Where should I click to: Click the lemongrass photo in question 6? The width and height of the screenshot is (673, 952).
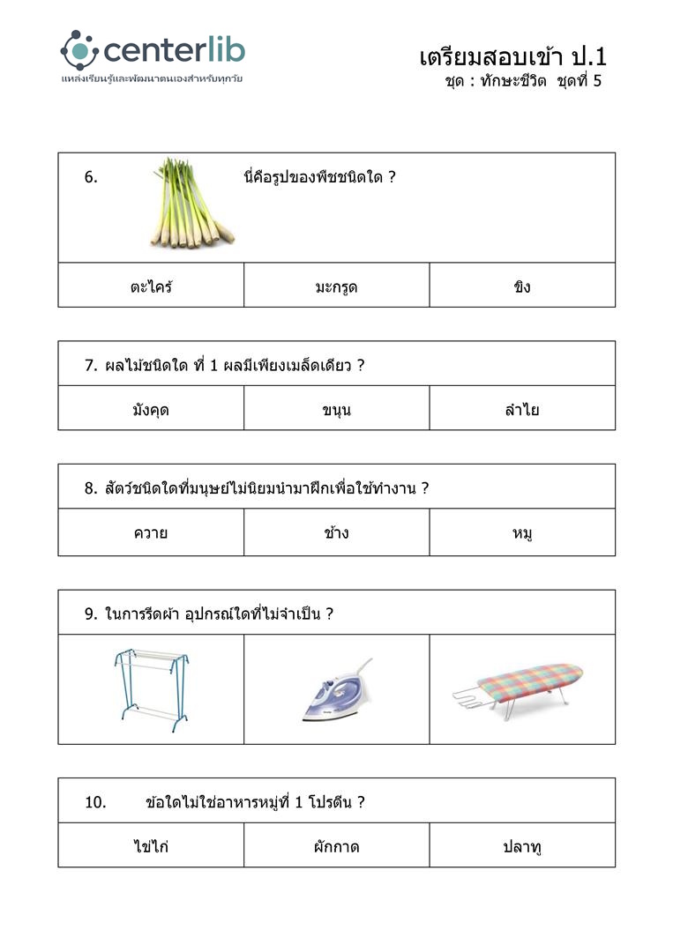click(190, 203)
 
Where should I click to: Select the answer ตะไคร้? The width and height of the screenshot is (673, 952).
click(151, 286)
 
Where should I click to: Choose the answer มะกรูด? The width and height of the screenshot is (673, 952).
click(336, 286)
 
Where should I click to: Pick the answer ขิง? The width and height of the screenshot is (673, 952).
click(522, 286)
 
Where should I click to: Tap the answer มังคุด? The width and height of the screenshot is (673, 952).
click(151, 409)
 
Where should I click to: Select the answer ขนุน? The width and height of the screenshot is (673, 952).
click(336, 409)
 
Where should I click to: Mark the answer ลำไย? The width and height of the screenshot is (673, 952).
click(522, 409)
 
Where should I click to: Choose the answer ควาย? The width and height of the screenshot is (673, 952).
click(151, 532)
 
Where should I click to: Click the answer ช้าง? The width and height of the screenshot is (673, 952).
click(336, 532)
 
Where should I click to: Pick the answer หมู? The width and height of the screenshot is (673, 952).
click(522, 532)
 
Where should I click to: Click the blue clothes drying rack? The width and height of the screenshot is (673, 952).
click(152, 689)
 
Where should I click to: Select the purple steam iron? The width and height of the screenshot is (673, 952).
click(337, 690)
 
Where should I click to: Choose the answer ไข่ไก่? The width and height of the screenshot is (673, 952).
click(151, 846)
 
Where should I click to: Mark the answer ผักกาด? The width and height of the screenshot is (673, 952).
click(336, 846)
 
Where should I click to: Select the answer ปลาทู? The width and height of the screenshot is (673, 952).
click(522, 846)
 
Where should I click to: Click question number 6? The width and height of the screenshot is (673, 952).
click(91, 176)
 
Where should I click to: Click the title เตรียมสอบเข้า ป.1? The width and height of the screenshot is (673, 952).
click(513, 57)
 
